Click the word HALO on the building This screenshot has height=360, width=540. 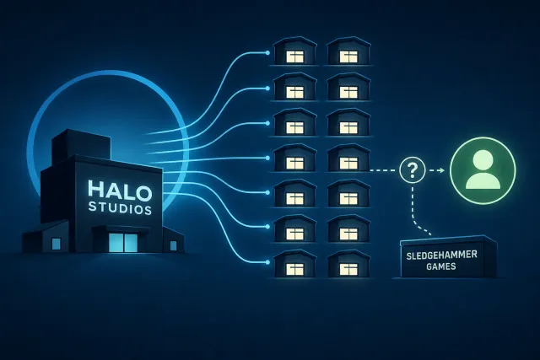pyautogui.click(x=120, y=190)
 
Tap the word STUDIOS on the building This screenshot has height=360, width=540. pyautogui.click(x=120, y=208)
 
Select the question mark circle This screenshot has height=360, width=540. pyautogui.click(x=413, y=170)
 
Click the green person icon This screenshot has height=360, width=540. pyautogui.click(x=483, y=170)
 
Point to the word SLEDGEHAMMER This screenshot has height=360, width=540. pyautogui.click(x=441, y=255)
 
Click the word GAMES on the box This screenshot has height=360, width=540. pyautogui.click(x=441, y=266)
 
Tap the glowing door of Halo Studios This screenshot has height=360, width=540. pyautogui.click(x=122, y=242)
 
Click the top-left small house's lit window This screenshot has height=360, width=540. pyautogui.click(x=295, y=56)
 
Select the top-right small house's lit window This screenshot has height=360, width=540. pyautogui.click(x=348, y=56)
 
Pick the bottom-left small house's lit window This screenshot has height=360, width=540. pyautogui.click(x=295, y=269)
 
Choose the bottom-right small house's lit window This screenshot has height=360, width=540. pyautogui.click(x=348, y=269)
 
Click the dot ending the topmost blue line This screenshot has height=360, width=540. pyautogui.click(x=267, y=52)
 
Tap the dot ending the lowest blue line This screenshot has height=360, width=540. pyautogui.click(x=267, y=262)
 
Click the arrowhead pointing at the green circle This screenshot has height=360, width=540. pyautogui.click(x=441, y=170)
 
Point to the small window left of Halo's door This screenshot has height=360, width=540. pyautogui.click(x=56, y=244)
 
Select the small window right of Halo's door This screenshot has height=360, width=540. pyautogui.click(x=173, y=245)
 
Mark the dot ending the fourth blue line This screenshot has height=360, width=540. pyautogui.click(x=267, y=158)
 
